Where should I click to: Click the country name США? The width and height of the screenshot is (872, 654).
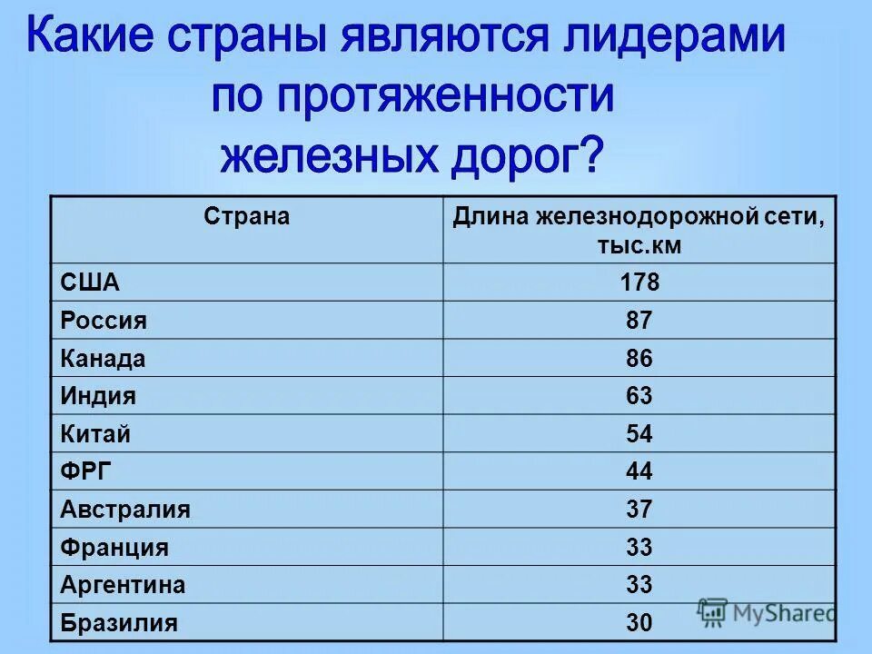90,282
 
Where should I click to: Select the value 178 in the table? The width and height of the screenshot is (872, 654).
639,282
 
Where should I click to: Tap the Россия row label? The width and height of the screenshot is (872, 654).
104,321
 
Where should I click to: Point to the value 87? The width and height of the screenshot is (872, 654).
639,321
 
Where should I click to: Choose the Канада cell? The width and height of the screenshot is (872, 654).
103,359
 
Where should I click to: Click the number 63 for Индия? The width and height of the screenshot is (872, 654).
639,396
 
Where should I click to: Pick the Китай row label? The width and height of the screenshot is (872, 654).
95,434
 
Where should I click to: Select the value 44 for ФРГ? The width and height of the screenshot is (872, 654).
639,471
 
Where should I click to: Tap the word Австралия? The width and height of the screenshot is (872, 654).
125,510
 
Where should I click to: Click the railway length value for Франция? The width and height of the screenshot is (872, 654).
639,548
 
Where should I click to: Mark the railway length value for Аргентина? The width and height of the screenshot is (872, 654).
639,585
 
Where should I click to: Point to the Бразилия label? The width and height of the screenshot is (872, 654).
119,623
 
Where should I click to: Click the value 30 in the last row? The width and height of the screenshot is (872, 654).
639,623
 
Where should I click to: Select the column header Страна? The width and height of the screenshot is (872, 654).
246,217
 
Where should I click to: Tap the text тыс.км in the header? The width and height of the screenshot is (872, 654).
639,245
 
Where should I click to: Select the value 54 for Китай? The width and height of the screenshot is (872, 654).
639,434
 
